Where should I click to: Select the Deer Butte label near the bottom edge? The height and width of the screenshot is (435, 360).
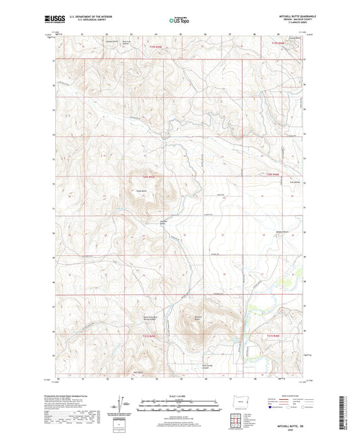point(138,372)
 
